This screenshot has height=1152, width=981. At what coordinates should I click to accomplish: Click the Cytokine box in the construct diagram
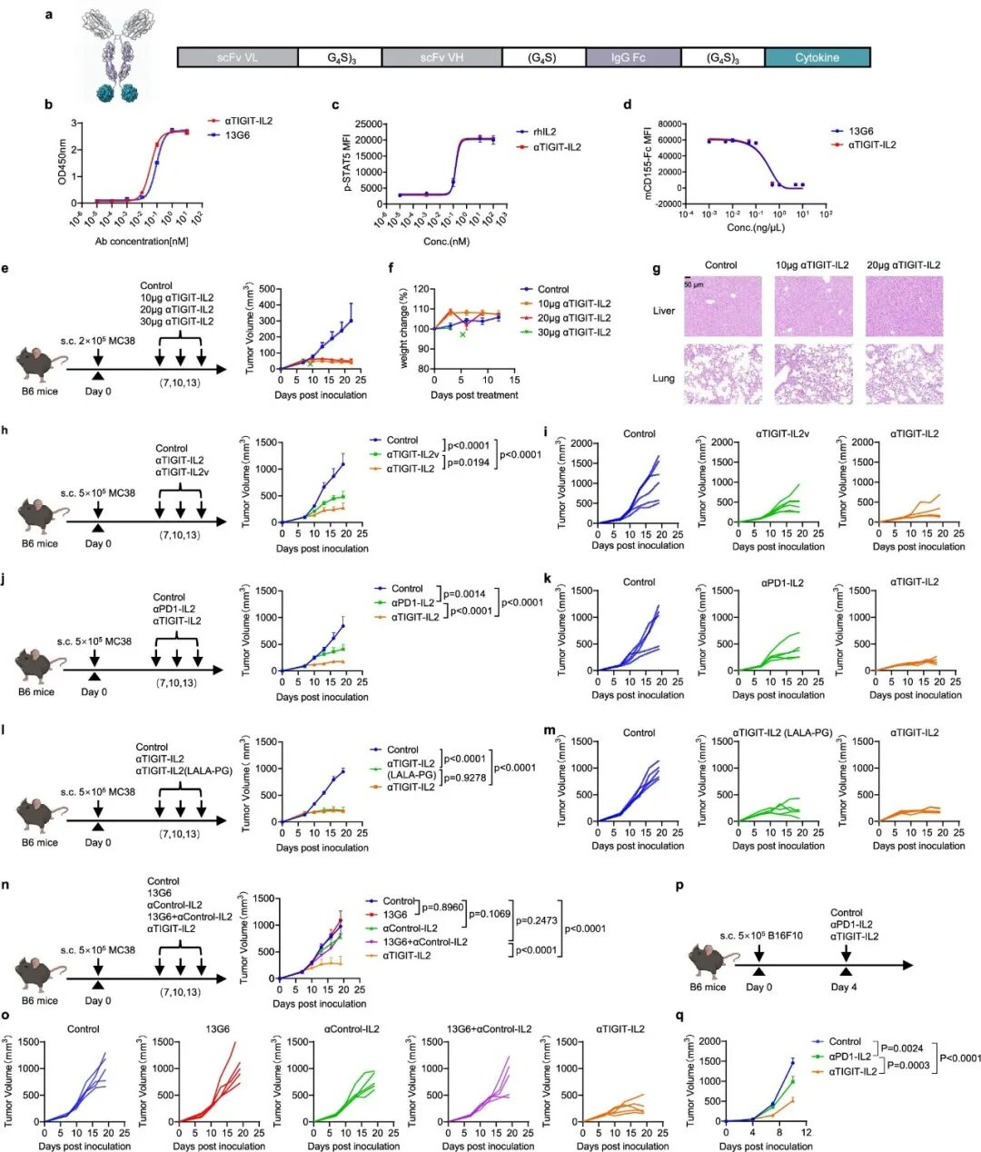coord(817,57)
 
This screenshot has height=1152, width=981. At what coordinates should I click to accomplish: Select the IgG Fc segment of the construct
coord(628,57)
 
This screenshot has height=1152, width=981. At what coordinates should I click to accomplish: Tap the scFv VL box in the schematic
coord(237,57)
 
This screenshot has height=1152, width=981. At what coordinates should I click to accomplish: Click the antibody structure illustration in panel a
coord(115,55)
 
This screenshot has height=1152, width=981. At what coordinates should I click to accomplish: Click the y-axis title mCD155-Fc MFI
coord(648,162)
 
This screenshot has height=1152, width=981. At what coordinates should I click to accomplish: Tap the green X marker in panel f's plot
coord(462,335)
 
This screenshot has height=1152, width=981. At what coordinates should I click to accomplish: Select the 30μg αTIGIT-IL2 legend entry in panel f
coord(572,333)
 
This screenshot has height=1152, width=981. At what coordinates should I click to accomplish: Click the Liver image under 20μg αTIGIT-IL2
coord(904,307)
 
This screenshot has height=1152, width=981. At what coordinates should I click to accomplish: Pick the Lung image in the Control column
coord(722,374)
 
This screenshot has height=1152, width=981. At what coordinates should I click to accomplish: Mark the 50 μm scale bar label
coord(694,284)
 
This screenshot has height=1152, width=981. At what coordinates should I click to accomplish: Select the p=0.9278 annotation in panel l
coord(465,778)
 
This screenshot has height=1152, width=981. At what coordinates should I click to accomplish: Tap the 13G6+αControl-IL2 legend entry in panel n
coord(424,942)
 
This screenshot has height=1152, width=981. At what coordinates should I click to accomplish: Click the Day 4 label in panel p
coord(844,987)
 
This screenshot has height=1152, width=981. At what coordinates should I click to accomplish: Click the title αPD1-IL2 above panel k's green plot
coord(782,582)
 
